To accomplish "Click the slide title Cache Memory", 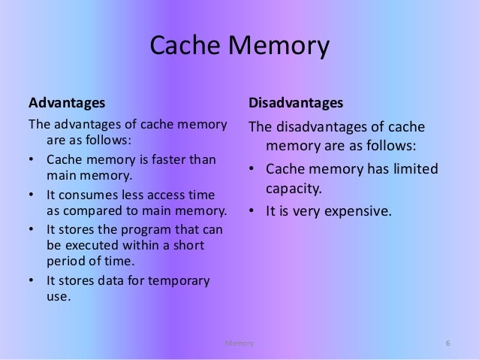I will pos(239,47).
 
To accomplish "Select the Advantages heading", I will pos(66,100).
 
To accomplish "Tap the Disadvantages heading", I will pos(296,100).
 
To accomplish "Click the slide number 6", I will pos(447,343).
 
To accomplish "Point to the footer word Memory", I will pos(240,343).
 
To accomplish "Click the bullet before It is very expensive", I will pos(253,211).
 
